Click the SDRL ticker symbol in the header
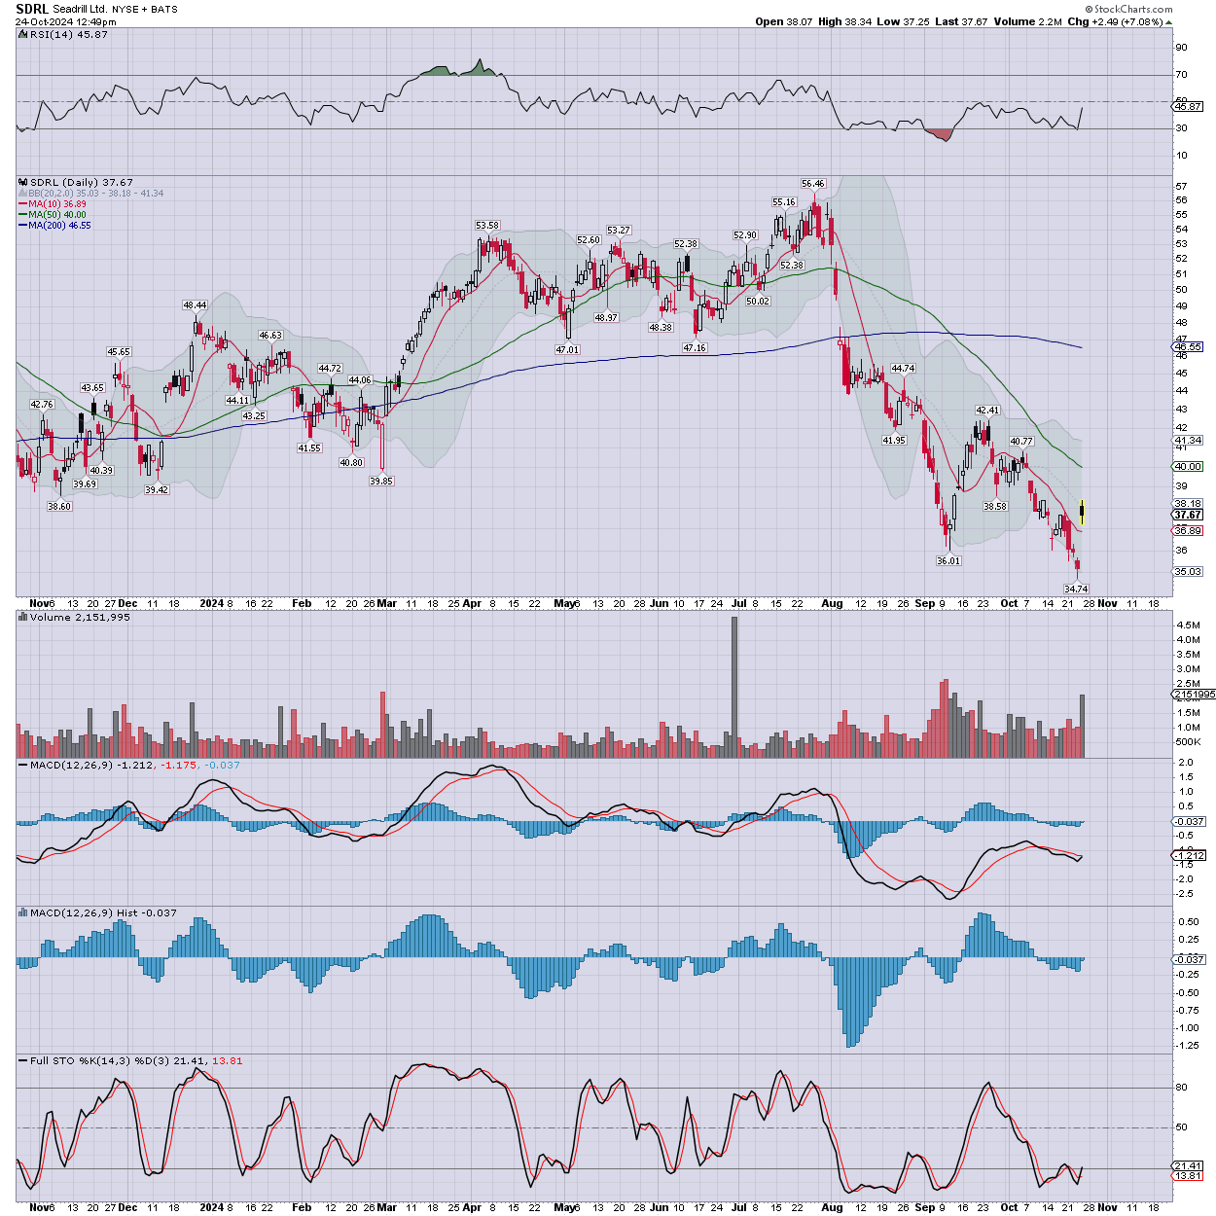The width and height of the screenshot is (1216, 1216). pos(31,9)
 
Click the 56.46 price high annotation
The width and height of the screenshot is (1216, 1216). pos(812,183)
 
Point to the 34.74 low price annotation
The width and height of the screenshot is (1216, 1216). pos(1076,589)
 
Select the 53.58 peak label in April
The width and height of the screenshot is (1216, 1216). pos(486,226)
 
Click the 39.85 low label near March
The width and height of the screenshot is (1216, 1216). pos(381,481)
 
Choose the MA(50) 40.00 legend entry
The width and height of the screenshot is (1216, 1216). pos(56,215)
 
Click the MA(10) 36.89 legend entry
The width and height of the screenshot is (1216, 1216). pos(56,204)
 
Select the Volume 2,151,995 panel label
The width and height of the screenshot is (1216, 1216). pos(80,618)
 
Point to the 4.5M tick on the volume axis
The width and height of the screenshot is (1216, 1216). pos(1188,625)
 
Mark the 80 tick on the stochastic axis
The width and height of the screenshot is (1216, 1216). pos(1181,1088)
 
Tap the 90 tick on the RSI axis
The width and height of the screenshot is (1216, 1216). pos(1181,48)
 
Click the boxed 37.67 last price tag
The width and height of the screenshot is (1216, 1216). pos(1188,515)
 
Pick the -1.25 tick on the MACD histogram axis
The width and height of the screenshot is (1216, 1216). pos(1188,1046)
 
